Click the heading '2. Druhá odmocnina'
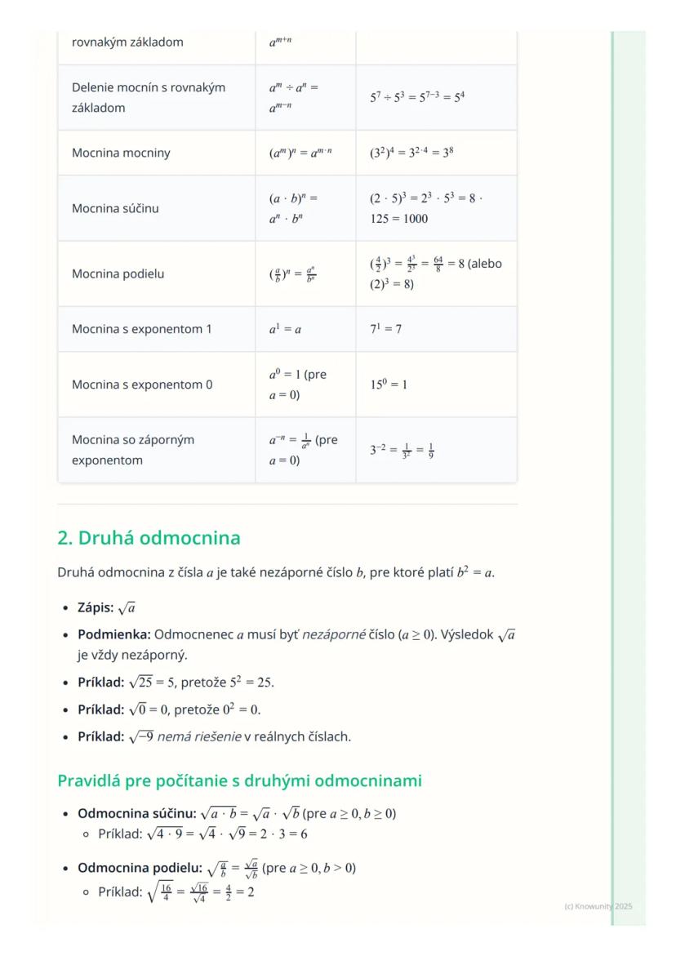point(149,539)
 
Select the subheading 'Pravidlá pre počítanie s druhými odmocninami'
point(239,780)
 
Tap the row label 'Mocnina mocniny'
point(121,153)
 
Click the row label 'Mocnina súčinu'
point(115,208)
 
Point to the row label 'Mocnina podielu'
point(118,273)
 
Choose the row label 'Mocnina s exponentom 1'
point(141,329)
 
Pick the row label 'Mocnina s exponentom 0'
point(142,385)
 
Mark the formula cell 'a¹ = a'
point(285,329)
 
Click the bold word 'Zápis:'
point(97,609)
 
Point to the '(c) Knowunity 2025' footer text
point(598,906)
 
